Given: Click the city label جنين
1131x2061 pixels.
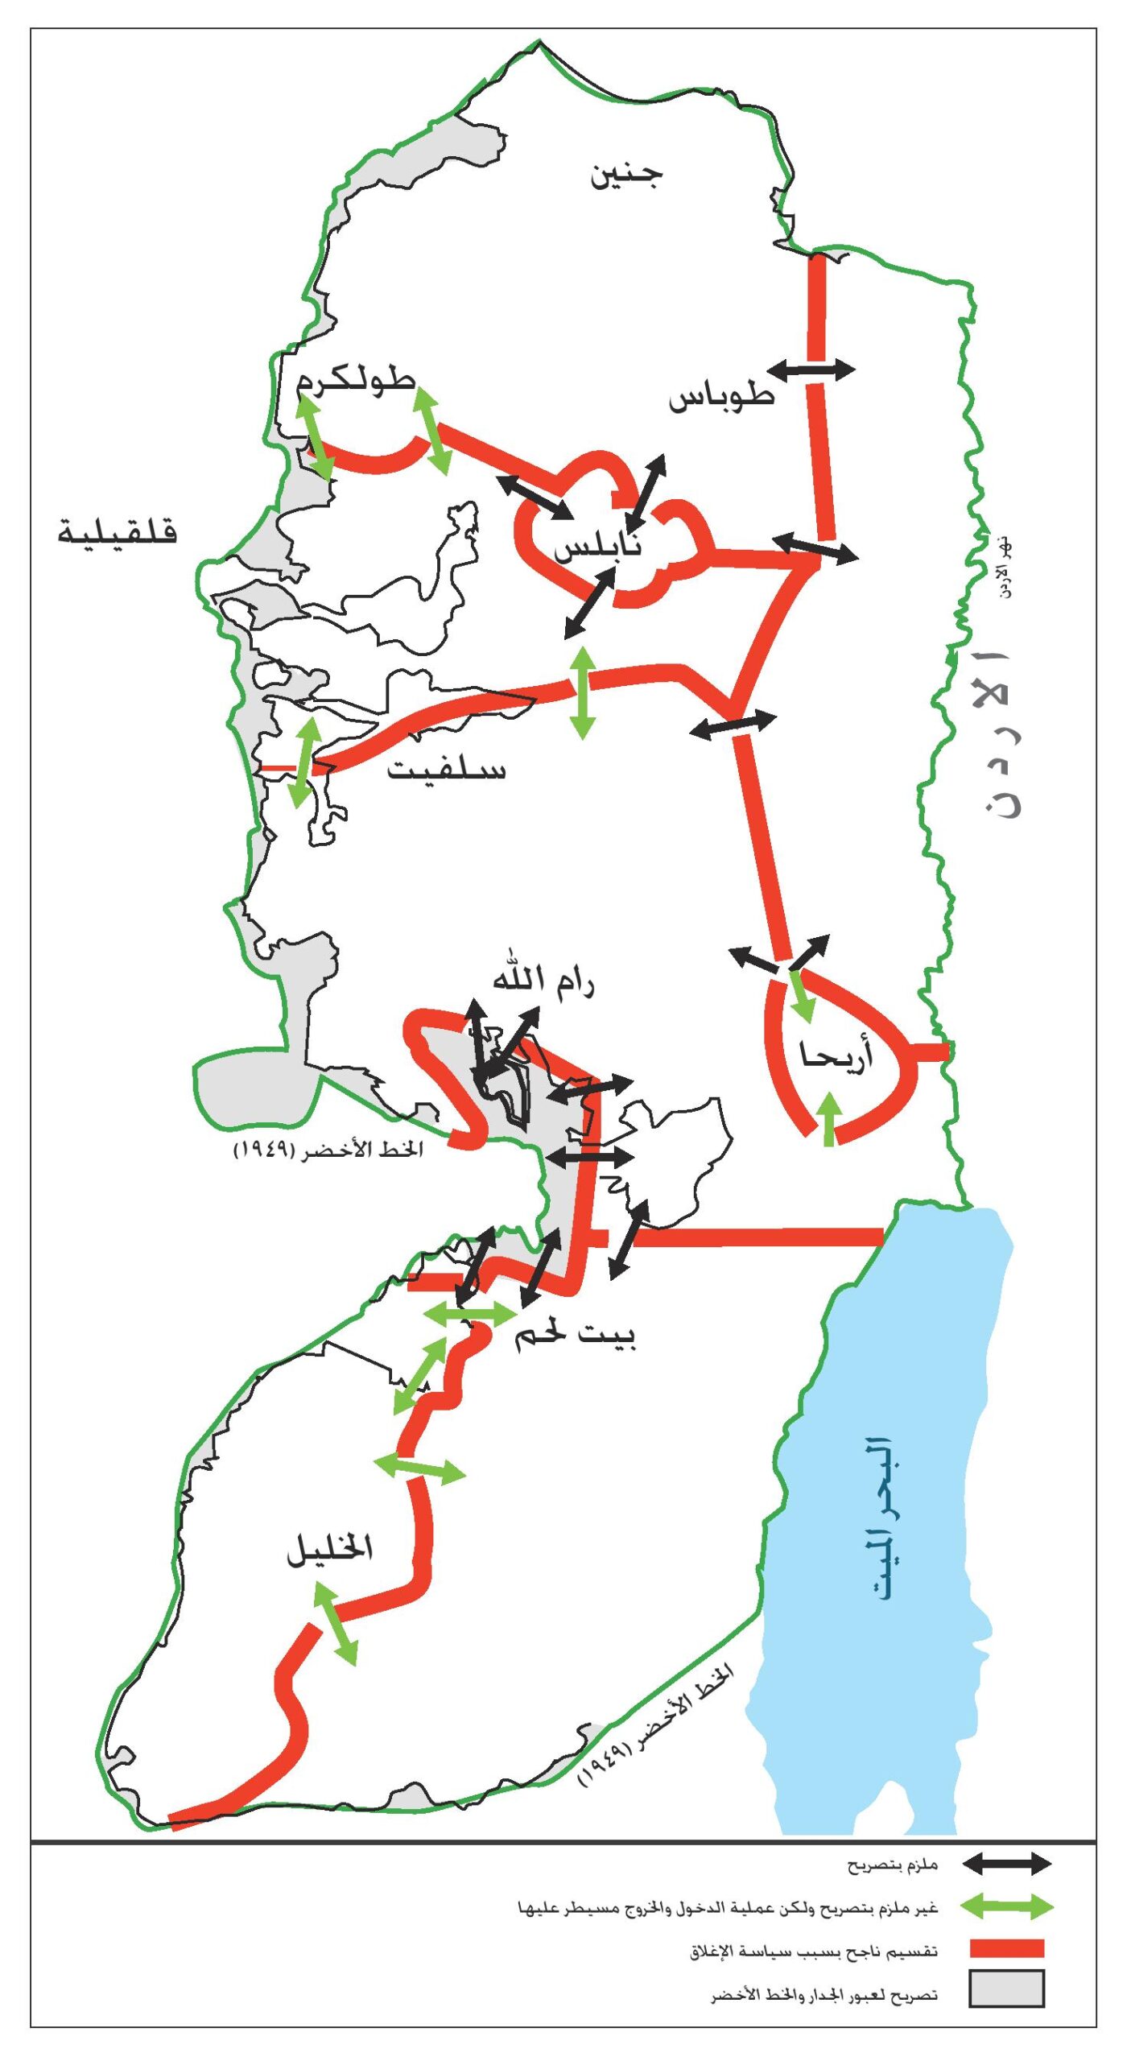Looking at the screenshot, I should click(x=626, y=174).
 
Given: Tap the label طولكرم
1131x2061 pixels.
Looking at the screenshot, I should click(x=355, y=380).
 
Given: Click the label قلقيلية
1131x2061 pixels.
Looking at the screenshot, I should click(x=118, y=532).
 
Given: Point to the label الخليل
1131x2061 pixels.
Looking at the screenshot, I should click(x=330, y=1548).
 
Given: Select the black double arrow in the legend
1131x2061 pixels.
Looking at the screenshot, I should click(x=1006, y=1863).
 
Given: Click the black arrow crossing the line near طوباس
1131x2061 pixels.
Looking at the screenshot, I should click(x=811, y=370).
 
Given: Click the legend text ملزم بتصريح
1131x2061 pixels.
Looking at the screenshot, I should click(x=893, y=1865).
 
